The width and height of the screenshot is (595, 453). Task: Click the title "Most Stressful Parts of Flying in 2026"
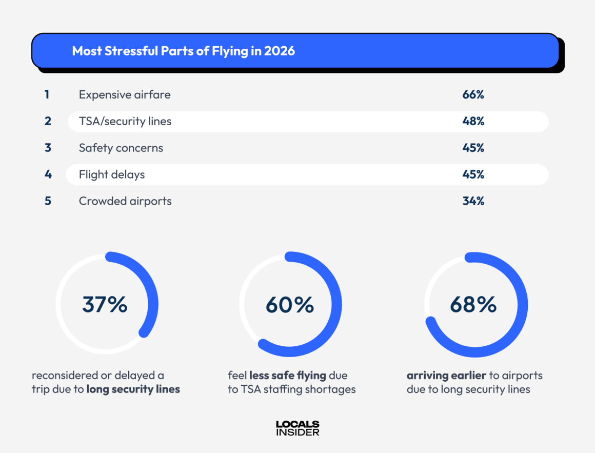183,51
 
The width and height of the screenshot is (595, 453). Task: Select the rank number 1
47,94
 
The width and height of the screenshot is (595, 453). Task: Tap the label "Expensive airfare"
125,94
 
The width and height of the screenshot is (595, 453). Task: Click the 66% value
473,94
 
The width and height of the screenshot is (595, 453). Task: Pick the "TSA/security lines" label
125,121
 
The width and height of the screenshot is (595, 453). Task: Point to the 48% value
473,121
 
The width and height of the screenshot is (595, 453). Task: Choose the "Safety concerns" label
121,148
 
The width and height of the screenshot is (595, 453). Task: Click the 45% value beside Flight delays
473,174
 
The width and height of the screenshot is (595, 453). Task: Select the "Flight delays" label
112,174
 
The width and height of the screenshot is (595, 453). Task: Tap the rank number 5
48,201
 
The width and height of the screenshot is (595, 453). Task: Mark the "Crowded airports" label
125,201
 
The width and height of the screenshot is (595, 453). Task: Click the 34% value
473,201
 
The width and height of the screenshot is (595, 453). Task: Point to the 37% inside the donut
105,304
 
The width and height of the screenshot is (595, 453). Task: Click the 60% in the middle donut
290,305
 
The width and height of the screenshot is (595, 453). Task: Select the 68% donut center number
473,305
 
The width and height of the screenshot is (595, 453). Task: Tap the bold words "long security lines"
133,389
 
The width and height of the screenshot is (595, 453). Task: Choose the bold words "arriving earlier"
445,376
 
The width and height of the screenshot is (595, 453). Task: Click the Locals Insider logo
298,428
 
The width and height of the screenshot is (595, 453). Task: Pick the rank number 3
48,148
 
